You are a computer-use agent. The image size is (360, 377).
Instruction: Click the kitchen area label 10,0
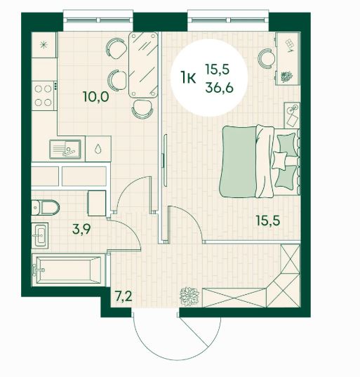(x=96, y=97)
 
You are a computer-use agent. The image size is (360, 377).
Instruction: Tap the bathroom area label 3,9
(x=81, y=229)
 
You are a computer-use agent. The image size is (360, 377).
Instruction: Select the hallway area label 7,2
(x=124, y=297)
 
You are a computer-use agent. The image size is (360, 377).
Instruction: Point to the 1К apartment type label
(x=188, y=78)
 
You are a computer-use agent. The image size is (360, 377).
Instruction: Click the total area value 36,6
(x=220, y=88)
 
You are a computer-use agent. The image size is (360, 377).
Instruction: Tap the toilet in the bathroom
(x=46, y=207)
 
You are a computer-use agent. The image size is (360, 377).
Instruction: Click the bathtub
(x=69, y=270)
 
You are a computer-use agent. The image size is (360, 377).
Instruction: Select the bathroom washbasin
(x=40, y=235)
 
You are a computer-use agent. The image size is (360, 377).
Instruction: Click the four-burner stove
(x=44, y=95)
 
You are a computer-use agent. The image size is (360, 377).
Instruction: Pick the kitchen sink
(x=65, y=150)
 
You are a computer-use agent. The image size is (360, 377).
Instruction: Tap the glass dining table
(x=143, y=65)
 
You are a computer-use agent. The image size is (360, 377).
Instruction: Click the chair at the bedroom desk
(x=266, y=59)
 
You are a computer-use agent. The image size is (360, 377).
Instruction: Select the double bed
(x=260, y=161)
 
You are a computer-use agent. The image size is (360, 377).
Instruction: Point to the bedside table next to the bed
(x=292, y=115)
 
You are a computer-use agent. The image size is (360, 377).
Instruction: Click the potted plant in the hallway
(x=189, y=296)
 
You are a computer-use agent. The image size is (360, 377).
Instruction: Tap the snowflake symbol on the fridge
(x=44, y=45)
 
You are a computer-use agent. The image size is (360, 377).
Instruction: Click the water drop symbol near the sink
(x=98, y=149)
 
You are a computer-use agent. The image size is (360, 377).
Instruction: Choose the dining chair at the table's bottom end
(x=142, y=109)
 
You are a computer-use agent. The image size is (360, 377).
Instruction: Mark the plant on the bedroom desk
(x=286, y=77)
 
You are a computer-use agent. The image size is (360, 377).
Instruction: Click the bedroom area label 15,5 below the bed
(x=268, y=220)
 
